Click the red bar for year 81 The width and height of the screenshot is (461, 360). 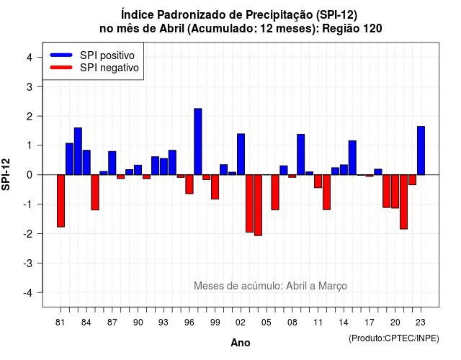61,201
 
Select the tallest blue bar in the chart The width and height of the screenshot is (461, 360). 198,142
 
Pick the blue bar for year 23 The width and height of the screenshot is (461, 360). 421,150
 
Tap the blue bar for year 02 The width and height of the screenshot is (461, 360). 241,154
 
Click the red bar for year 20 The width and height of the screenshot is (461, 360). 395,192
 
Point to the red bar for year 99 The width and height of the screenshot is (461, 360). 215,187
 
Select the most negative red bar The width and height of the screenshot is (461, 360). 258,205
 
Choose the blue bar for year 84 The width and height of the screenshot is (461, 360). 86,163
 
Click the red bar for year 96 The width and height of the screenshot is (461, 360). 189,184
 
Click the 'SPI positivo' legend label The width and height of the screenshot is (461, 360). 107,55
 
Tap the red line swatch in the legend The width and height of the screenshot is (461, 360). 61,67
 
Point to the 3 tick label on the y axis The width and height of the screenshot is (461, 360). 30,86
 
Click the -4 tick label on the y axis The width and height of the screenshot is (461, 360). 28,293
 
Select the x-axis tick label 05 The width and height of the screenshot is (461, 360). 267,323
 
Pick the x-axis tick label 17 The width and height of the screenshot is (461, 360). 370,323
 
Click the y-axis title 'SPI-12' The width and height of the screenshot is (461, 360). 6,174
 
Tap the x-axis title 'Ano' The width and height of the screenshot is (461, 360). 241,343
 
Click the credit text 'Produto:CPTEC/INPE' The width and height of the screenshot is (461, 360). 394,338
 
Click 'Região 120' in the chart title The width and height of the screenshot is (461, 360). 352,29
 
